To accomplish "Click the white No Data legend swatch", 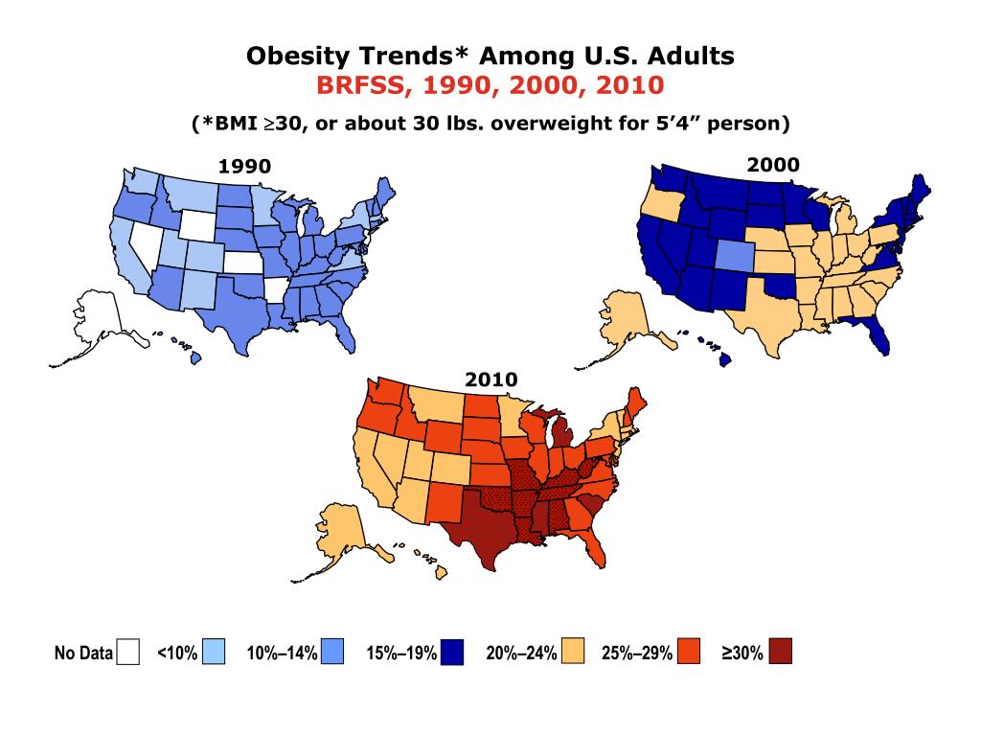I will (x=126, y=654).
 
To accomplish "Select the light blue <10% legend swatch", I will (x=214, y=654).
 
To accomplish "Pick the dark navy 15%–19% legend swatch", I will (x=452, y=654).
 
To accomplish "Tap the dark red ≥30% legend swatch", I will (x=779, y=654).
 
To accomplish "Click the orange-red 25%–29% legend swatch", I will (x=689, y=654).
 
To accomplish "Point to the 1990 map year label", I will (x=244, y=167).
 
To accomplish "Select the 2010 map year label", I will (x=490, y=380).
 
